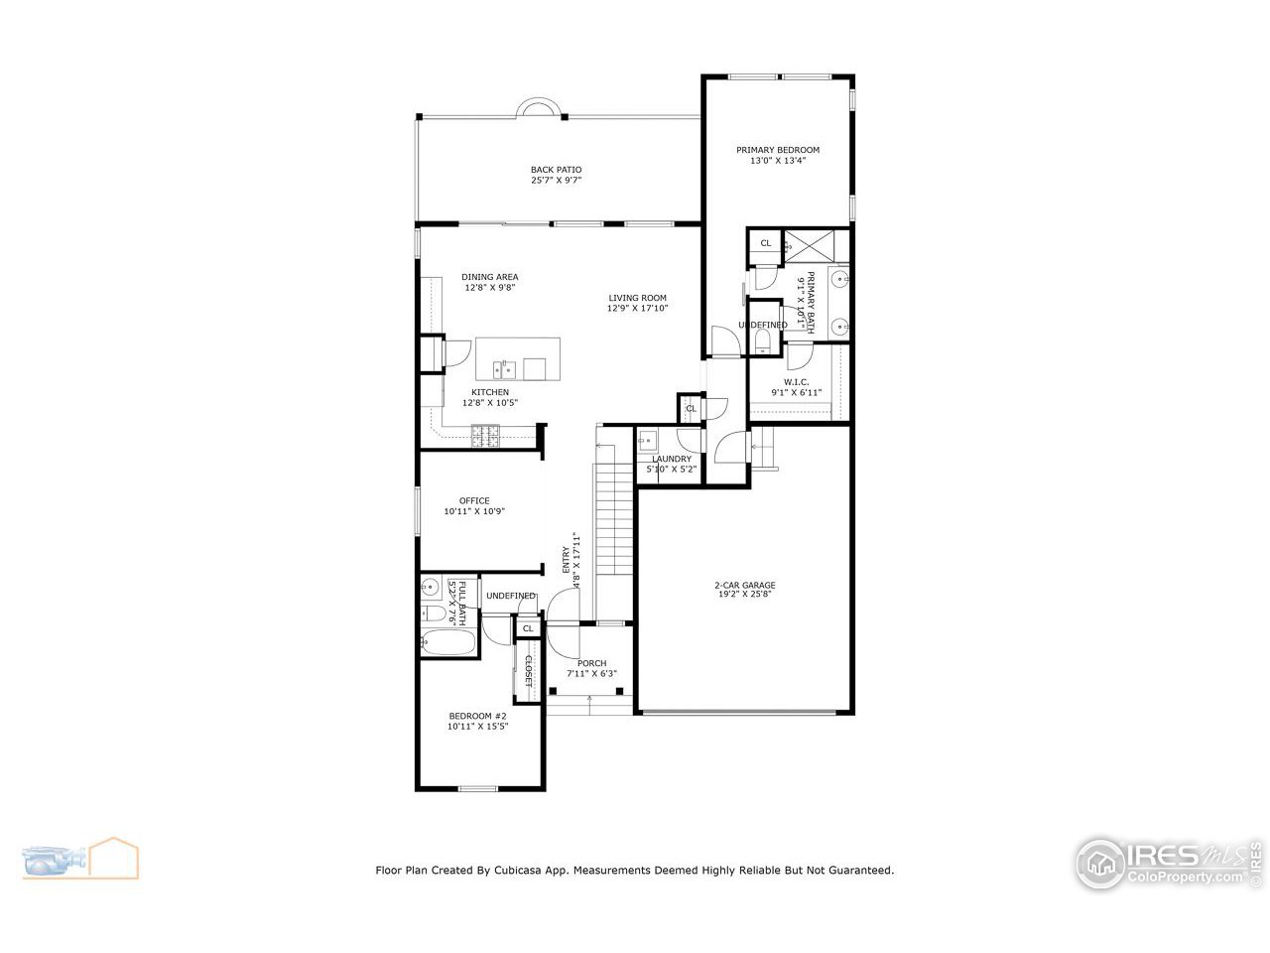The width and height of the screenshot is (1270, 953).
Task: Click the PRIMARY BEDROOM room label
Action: pos(778,150)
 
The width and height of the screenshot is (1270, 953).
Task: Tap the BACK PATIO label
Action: pos(556,170)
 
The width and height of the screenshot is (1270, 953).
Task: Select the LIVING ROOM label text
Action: pos(637,298)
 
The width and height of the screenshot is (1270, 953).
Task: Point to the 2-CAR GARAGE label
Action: pos(744,586)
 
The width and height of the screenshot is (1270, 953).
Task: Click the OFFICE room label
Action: pos(474,501)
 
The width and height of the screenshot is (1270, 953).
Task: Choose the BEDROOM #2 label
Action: pos(477,717)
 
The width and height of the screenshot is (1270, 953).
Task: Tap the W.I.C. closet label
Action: pos(796,382)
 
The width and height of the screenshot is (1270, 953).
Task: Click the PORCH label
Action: pos(592,664)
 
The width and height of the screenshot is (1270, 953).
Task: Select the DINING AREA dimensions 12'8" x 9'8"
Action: pos(490,288)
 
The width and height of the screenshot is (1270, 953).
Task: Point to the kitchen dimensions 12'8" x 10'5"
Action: pos(490,403)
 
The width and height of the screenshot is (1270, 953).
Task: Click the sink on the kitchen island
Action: pos(506,370)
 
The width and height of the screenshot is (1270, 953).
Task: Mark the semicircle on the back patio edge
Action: pos(542,107)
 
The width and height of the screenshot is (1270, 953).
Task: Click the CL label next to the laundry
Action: pos(691,408)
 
